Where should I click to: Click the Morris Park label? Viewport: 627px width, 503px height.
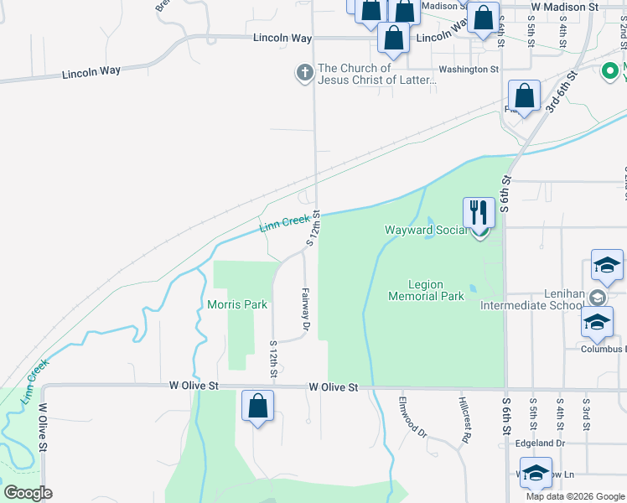pos(237,304)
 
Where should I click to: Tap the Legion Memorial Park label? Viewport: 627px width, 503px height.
pos(426,290)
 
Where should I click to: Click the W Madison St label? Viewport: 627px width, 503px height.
pos(565,7)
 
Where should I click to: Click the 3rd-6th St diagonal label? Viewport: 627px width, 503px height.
pos(562,92)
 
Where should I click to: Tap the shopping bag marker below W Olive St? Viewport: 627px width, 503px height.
pos(258,407)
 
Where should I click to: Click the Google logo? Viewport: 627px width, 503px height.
pos(28,493)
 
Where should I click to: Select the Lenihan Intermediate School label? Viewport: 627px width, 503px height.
pos(531,306)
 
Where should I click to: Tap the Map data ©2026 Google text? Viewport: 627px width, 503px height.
pos(574,496)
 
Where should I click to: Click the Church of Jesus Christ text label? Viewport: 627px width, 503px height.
pos(377,74)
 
